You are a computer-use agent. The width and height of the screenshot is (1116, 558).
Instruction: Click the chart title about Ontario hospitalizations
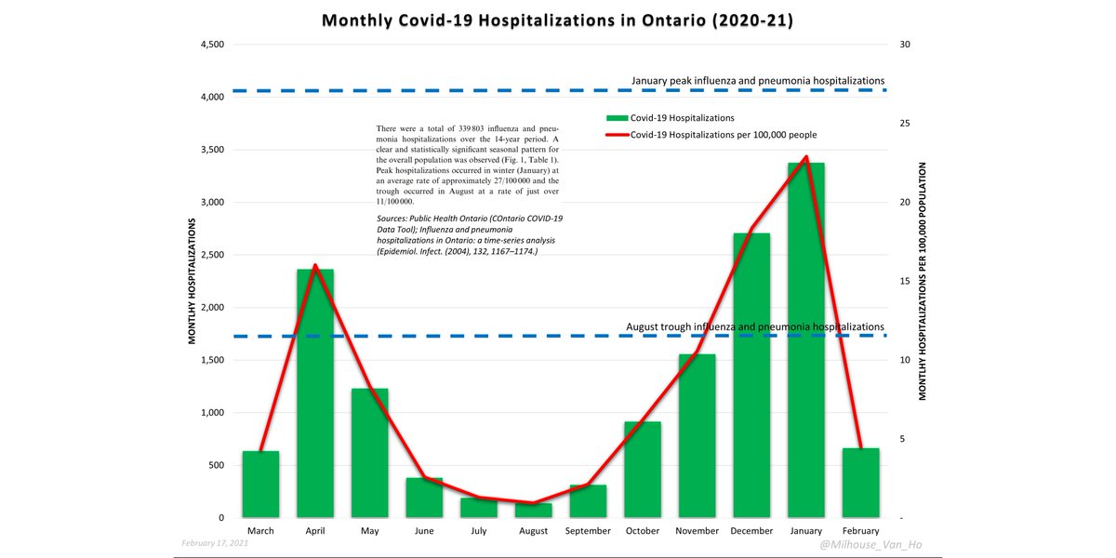pos(557,20)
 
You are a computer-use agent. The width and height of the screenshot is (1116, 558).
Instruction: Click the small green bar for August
pos(533,511)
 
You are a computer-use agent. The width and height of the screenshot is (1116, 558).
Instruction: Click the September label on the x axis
pos(588,531)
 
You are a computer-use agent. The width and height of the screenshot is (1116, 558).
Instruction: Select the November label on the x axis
pos(697,531)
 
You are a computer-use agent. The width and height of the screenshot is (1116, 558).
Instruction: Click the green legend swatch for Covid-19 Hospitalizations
pos(617,118)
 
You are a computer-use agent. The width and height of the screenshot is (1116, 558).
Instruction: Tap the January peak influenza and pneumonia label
pos(757,81)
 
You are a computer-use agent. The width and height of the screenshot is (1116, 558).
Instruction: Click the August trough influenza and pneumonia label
pos(754,327)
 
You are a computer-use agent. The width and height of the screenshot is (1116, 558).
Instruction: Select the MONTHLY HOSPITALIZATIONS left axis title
pos(193,281)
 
